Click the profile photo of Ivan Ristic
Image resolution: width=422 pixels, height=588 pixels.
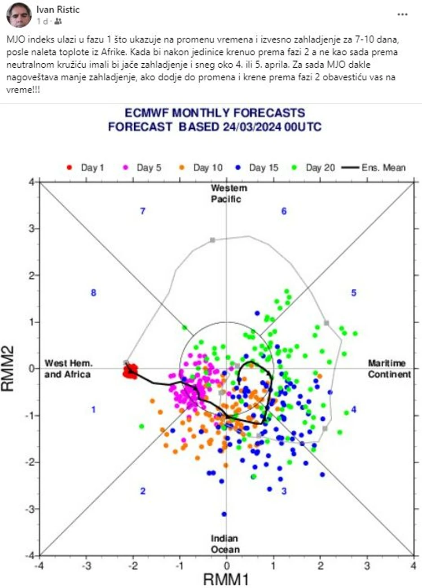point(18,15)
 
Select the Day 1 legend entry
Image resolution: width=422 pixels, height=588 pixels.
point(85,168)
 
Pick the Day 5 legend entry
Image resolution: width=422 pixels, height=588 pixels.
point(142,168)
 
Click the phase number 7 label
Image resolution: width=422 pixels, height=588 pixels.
point(143,211)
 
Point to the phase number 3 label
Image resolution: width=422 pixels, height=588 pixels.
point(284,491)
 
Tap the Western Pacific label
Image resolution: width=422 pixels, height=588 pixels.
point(226,193)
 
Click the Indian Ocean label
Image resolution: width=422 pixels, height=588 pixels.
point(225,544)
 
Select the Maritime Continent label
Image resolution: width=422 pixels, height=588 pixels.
point(389,368)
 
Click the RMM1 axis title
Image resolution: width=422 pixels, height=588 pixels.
point(226,578)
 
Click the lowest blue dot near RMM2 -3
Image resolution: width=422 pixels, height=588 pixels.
point(224,514)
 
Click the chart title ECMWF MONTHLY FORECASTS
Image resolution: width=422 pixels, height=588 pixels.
point(215,112)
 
